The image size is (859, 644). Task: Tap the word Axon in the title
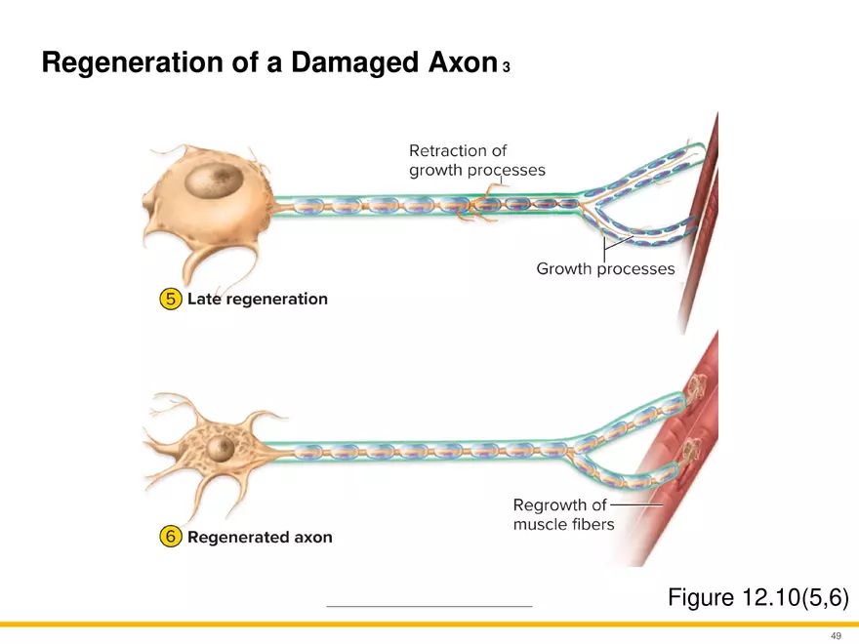click(459, 64)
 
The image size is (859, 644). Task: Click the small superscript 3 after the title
click(506, 68)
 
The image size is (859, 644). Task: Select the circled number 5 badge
click(170, 300)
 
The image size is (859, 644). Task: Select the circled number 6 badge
click(170, 537)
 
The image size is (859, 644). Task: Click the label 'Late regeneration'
click(257, 300)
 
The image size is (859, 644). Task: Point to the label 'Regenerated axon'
click(260, 537)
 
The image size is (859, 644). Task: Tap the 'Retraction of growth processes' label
click(476, 160)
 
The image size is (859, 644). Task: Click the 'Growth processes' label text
click(605, 268)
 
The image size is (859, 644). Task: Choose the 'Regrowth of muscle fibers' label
click(563, 514)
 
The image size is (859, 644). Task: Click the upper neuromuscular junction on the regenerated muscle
click(698, 388)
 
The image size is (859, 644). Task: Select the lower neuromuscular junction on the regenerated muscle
click(691, 451)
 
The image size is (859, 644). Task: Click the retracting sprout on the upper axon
click(483, 202)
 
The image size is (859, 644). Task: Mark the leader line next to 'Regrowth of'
click(635, 505)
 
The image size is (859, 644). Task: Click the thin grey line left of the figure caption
click(429, 607)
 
